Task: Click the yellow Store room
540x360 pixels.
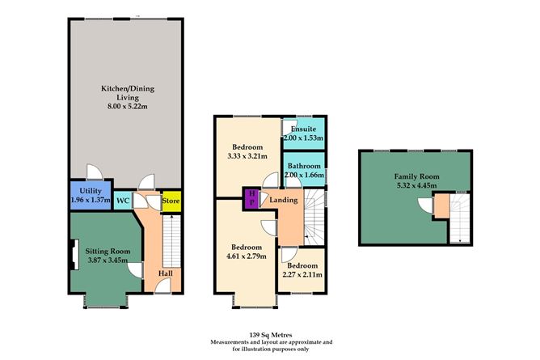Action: click(171, 201)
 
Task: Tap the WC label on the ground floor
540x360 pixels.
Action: click(123, 200)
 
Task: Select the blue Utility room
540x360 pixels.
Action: click(91, 195)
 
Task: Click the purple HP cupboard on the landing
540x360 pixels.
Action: click(251, 198)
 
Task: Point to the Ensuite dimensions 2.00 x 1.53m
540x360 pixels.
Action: click(303, 138)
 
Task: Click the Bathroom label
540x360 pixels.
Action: click(304, 166)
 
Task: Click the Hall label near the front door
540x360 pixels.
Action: click(165, 273)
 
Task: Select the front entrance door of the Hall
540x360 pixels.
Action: click(162, 286)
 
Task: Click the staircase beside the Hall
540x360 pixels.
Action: click(171, 241)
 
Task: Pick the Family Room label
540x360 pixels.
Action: click(416, 176)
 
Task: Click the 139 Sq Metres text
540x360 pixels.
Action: click(271, 335)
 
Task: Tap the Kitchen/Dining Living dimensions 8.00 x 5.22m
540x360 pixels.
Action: click(128, 107)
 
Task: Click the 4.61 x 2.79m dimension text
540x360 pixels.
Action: click(247, 256)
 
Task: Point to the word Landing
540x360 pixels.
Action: click(284, 200)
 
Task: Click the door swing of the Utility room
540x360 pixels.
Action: click(95, 172)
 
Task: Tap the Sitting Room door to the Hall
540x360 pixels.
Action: click(135, 270)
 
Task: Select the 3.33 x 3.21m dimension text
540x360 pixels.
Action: click(247, 156)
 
